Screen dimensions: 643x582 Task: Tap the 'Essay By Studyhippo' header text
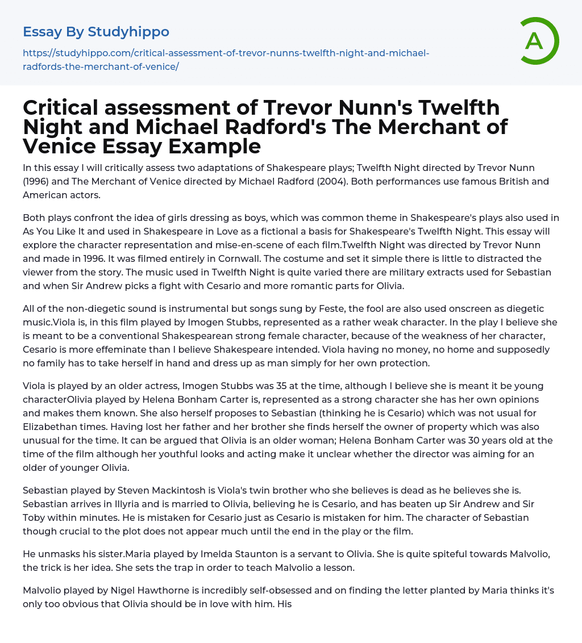coord(96,31)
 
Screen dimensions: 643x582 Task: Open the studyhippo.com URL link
coord(226,60)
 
